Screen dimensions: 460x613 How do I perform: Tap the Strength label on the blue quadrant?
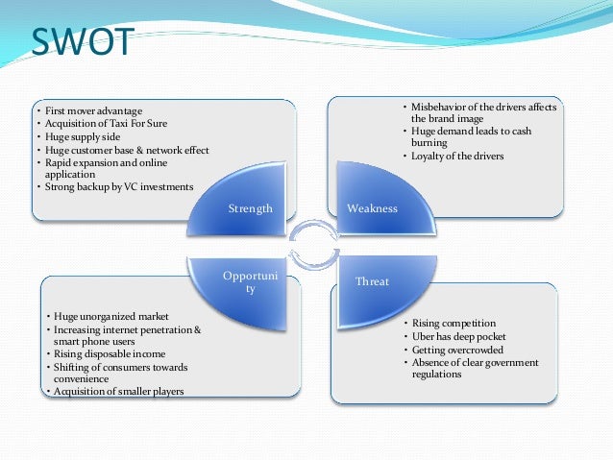tap(250, 208)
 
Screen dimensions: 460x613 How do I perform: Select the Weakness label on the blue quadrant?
tap(372, 208)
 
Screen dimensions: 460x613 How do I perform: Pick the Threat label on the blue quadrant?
tap(372, 282)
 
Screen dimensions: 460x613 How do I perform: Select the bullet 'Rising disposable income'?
tap(109, 353)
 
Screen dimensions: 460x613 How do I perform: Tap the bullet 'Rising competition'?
tap(453, 324)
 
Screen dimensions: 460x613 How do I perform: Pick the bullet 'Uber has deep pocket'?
tap(457, 337)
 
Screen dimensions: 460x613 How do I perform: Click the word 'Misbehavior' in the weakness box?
tap(438, 106)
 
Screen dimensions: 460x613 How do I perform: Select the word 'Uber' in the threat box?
tap(421, 337)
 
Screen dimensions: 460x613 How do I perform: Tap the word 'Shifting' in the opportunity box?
tap(71, 367)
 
